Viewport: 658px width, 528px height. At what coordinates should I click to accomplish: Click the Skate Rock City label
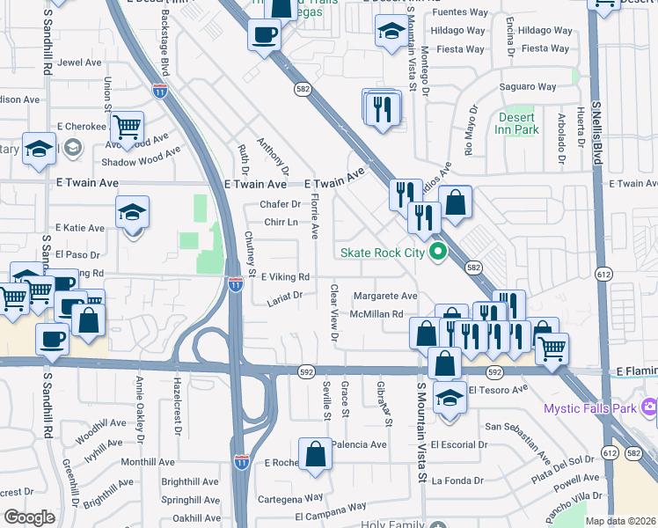tap(383, 253)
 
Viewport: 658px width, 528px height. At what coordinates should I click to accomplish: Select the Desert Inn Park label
tap(518, 123)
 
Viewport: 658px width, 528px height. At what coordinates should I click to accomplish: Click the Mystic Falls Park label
tap(592, 408)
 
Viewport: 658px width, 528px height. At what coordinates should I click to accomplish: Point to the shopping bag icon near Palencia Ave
tap(315, 454)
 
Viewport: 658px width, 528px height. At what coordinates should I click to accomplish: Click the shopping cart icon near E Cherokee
tap(128, 128)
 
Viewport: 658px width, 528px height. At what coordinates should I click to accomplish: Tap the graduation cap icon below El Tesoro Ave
tap(450, 397)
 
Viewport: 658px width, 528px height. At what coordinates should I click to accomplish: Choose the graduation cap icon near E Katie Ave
tap(132, 211)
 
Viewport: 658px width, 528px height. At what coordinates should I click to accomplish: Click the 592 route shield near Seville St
tap(306, 373)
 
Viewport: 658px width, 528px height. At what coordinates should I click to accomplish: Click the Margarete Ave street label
tap(384, 297)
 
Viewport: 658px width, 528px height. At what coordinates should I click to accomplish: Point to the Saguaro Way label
tap(528, 86)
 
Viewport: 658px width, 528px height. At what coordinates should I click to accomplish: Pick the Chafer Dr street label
tap(280, 204)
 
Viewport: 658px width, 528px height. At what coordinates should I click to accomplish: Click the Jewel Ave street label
tap(80, 62)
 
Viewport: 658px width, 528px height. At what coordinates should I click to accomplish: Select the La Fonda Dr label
tap(455, 480)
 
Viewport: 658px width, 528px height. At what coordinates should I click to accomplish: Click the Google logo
tap(29, 517)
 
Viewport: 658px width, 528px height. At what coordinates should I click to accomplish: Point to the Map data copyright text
tap(619, 521)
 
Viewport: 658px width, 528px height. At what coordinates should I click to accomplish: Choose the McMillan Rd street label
tap(376, 313)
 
